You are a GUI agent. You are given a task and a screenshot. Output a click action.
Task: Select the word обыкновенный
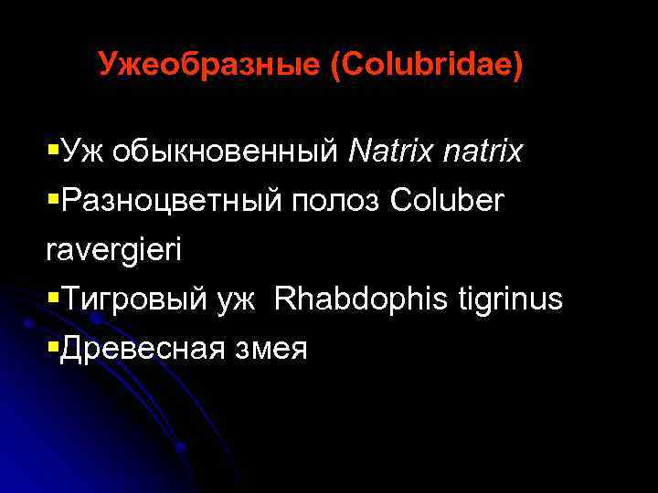[226, 152]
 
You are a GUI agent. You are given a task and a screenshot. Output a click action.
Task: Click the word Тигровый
[132, 299]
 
